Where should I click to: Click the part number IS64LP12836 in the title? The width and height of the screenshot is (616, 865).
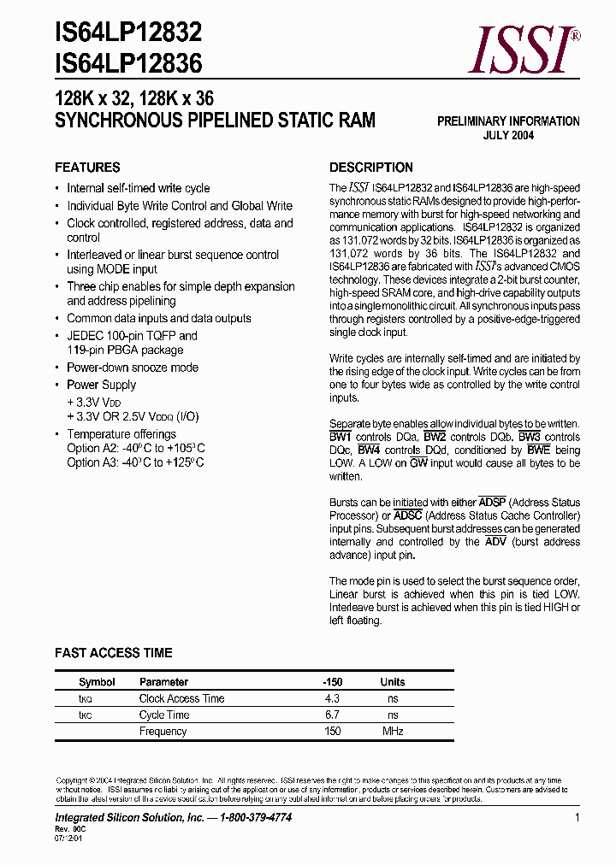pos(128,63)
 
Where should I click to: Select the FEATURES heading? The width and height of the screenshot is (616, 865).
pos(87,168)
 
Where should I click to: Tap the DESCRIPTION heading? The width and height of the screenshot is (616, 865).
pos(371,168)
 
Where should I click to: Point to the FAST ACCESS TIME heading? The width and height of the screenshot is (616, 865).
pos(114,653)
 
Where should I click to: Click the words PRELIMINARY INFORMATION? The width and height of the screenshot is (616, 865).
pos(508,121)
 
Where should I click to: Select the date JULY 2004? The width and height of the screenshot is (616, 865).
pos(508,136)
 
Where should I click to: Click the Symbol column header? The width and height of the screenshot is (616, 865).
pos(97,682)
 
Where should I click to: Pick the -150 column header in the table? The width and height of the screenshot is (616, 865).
pos(332,682)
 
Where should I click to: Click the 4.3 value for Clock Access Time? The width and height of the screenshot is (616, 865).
pos(332,698)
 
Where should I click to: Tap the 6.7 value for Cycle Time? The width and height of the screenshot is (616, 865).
pos(332,715)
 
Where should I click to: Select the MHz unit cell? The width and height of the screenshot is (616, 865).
pos(393,731)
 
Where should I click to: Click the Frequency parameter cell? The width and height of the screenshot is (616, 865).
pos(163,731)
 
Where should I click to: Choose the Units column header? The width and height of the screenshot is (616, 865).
pos(393,682)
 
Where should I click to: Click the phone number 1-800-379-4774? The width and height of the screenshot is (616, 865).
pos(256,818)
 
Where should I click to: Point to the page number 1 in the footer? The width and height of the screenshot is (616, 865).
pos(577,818)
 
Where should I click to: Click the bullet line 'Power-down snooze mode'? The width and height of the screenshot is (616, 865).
pos(133,368)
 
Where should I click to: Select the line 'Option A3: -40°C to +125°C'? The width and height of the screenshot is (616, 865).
pos(135,462)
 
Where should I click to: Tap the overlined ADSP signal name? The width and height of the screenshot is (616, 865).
pos(492,503)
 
